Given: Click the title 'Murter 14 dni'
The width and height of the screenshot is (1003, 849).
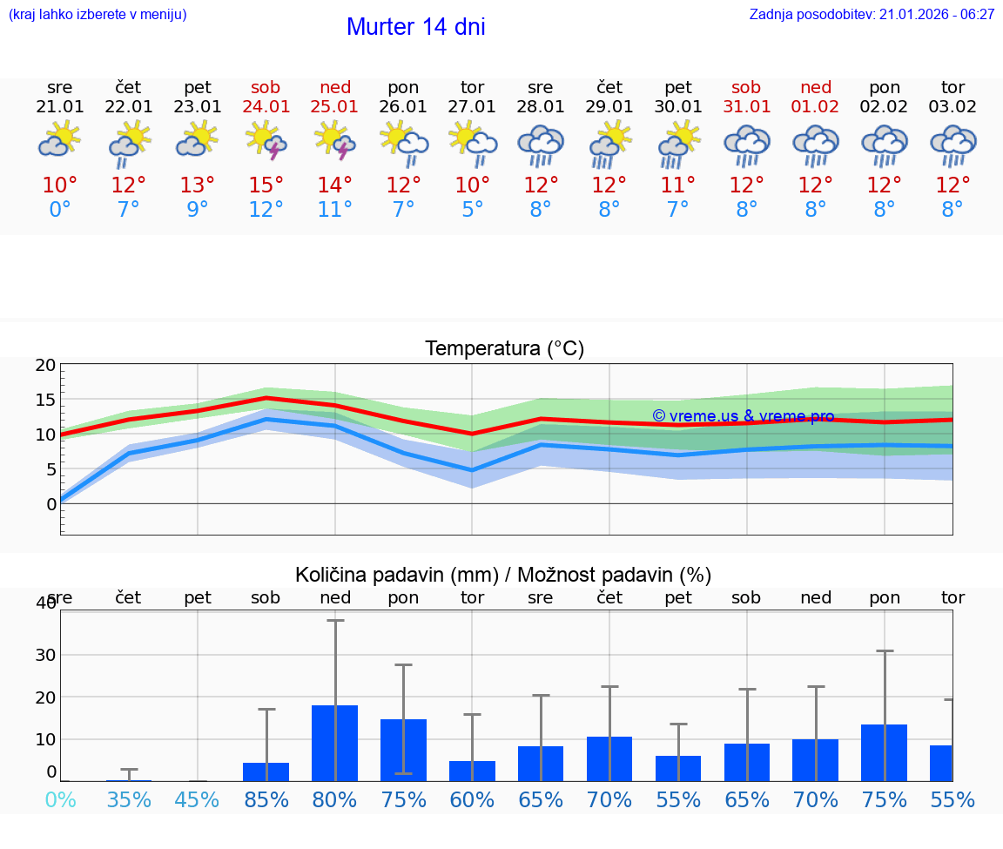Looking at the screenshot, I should [x=415, y=27].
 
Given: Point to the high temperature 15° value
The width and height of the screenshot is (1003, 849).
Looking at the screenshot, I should [x=266, y=185].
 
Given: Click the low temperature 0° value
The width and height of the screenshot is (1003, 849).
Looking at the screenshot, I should [x=60, y=210].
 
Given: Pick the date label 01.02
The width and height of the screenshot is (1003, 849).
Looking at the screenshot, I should [x=816, y=107].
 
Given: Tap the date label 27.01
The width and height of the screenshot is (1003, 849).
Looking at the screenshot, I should [x=472, y=107].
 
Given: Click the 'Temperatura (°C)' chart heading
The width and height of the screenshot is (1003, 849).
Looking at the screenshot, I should [x=504, y=349].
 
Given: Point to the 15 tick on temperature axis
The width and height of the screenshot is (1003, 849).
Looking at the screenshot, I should [x=45, y=400].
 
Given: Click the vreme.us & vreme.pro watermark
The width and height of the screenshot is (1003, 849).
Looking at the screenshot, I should [x=743, y=416].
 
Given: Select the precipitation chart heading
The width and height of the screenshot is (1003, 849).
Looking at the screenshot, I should [x=503, y=575].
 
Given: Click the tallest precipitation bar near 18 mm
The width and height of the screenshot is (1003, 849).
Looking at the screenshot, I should [x=335, y=743].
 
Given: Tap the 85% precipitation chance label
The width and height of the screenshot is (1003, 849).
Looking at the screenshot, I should [x=266, y=799].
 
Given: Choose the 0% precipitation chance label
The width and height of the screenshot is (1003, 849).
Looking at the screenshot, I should [x=60, y=799].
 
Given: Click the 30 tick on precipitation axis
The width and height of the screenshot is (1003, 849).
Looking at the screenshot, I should [x=45, y=655].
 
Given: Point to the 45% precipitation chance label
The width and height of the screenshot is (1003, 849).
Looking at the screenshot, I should [x=198, y=799].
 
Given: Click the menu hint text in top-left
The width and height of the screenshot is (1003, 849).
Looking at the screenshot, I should [x=98, y=15].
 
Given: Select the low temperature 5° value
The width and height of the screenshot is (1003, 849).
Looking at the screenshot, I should [x=472, y=210].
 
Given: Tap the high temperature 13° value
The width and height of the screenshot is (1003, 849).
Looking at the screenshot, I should [x=198, y=185].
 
